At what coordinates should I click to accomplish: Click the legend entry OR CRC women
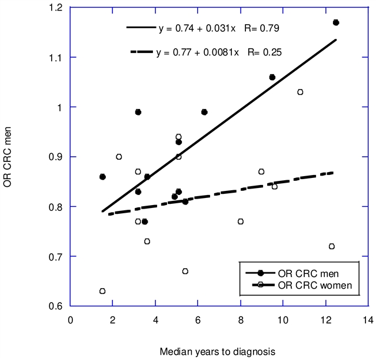coord(315,285)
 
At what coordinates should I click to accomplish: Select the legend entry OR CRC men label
coord(309,274)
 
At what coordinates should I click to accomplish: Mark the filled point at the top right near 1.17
coord(336,22)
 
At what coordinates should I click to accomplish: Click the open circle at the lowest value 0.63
coord(102,291)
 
